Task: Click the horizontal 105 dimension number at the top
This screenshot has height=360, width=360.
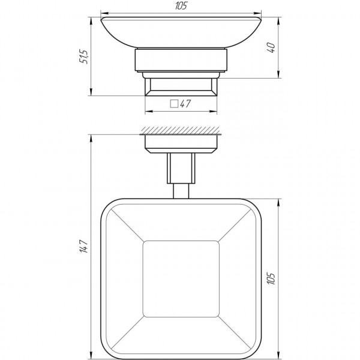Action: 181,6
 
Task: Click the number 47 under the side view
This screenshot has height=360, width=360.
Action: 185,104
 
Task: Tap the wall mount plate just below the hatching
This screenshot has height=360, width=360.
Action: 181,142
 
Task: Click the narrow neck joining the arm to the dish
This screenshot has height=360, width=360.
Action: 181,190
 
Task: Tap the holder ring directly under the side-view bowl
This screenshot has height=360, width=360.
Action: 181,63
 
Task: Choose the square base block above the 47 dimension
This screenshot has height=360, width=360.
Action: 181,87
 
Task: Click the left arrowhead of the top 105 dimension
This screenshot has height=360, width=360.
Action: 102,11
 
